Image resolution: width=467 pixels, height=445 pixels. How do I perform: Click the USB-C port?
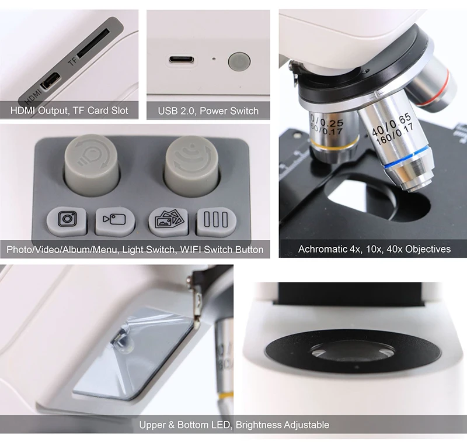pyautogui.click(x=182, y=60)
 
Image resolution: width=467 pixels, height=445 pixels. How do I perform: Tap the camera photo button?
pyautogui.click(x=66, y=220)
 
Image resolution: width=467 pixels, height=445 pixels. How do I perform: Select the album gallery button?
pyautogui.click(x=168, y=220)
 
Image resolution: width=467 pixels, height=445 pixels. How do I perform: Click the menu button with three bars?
pyautogui.click(x=216, y=220)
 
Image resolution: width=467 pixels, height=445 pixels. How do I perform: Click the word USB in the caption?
pyautogui.click(x=168, y=111)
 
